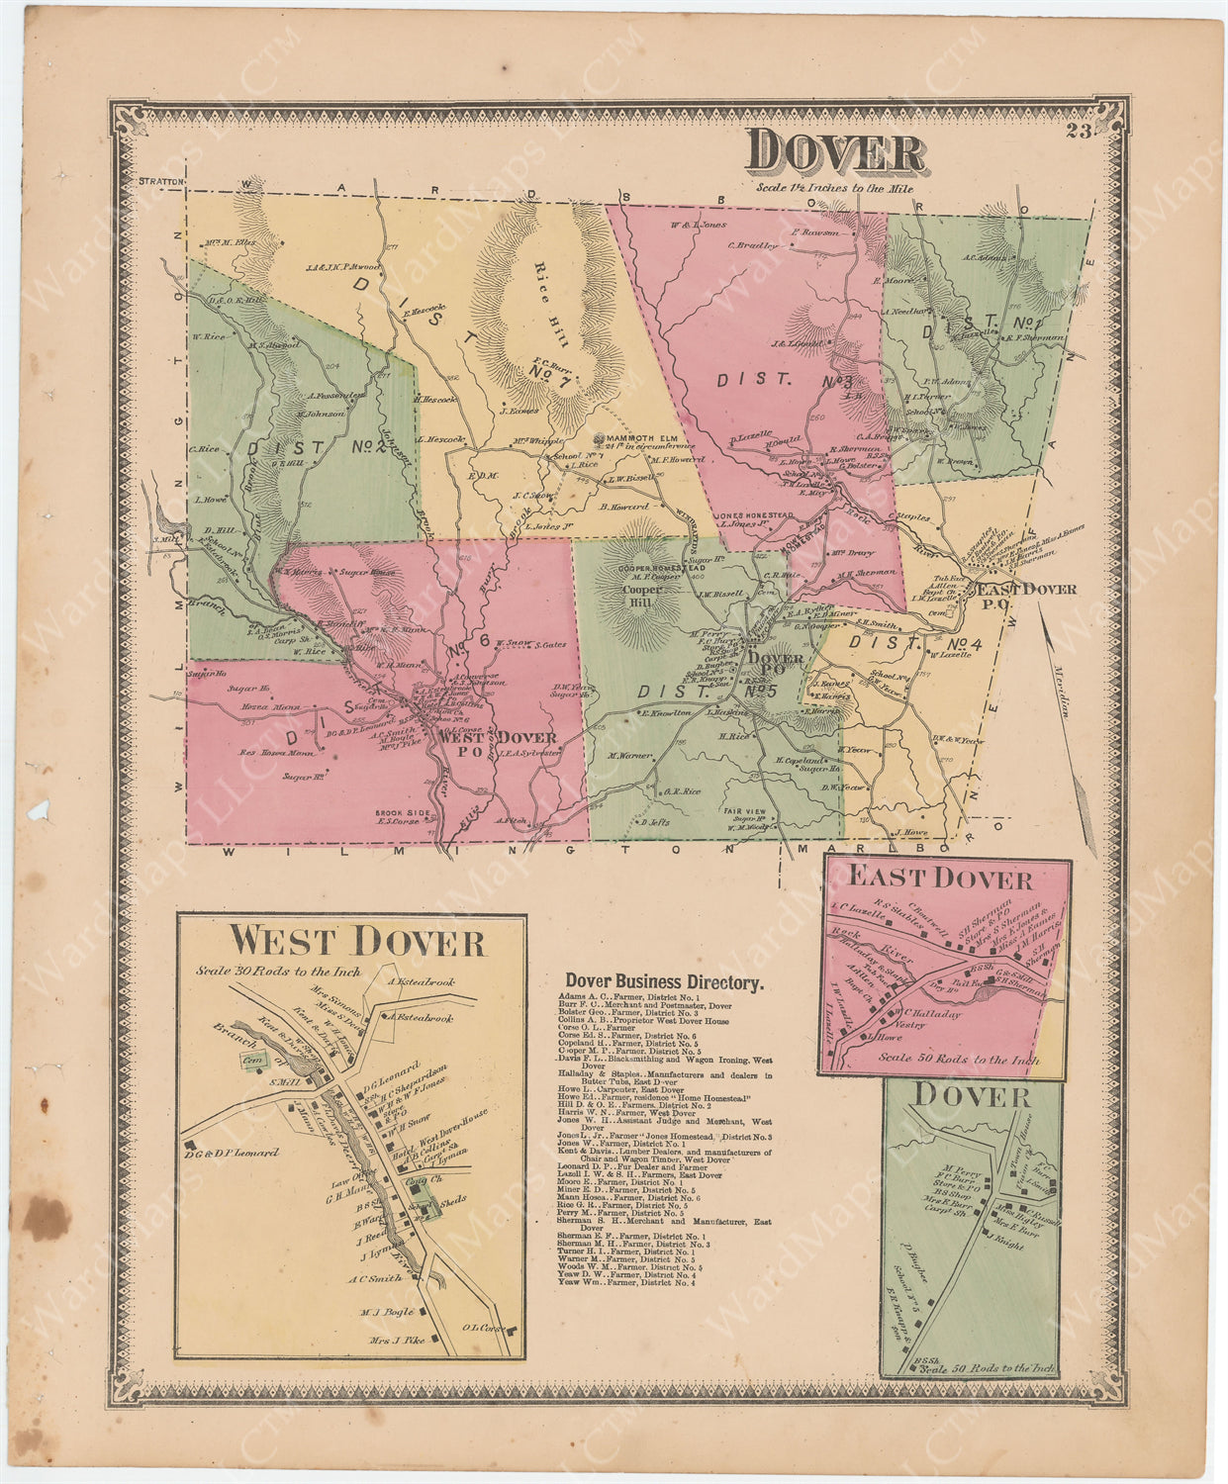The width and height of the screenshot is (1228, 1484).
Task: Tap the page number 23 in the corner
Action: click(1078, 135)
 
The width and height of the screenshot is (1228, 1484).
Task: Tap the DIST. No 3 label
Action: click(784, 378)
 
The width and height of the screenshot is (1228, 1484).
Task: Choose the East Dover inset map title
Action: click(940, 879)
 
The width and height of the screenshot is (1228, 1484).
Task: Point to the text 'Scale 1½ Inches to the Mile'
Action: click(833, 187)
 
